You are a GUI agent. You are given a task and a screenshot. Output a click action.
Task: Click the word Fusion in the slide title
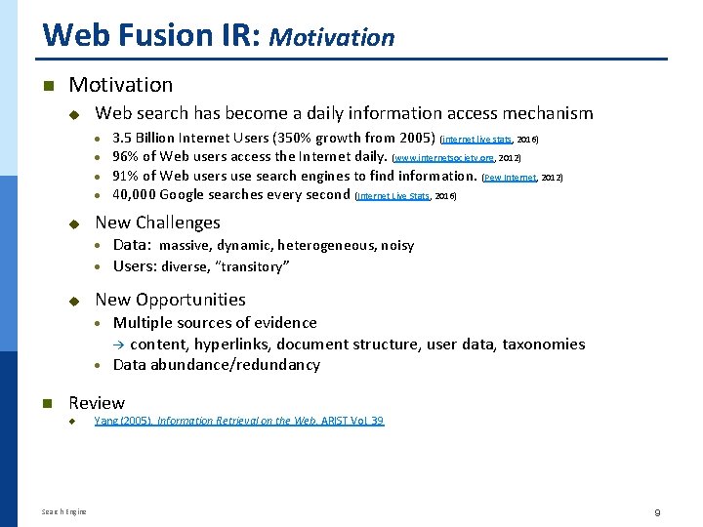(x=163, y=35)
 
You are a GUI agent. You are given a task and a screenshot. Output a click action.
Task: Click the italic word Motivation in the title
(x=332, y=38)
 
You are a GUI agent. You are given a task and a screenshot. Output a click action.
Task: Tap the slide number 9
(x=658, y=511)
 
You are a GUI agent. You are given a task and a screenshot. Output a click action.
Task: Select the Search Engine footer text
(x=63, y=511)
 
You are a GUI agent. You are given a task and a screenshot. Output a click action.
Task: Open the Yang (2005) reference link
(x=238, y=421)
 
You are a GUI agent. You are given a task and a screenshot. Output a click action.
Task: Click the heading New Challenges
(x=157, y=223)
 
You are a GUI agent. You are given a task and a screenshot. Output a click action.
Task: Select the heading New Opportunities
(x=170, y=300)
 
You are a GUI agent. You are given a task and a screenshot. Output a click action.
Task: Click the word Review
(x=97, y=402)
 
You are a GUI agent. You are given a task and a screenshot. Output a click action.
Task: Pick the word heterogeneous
(x=328, y=246)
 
